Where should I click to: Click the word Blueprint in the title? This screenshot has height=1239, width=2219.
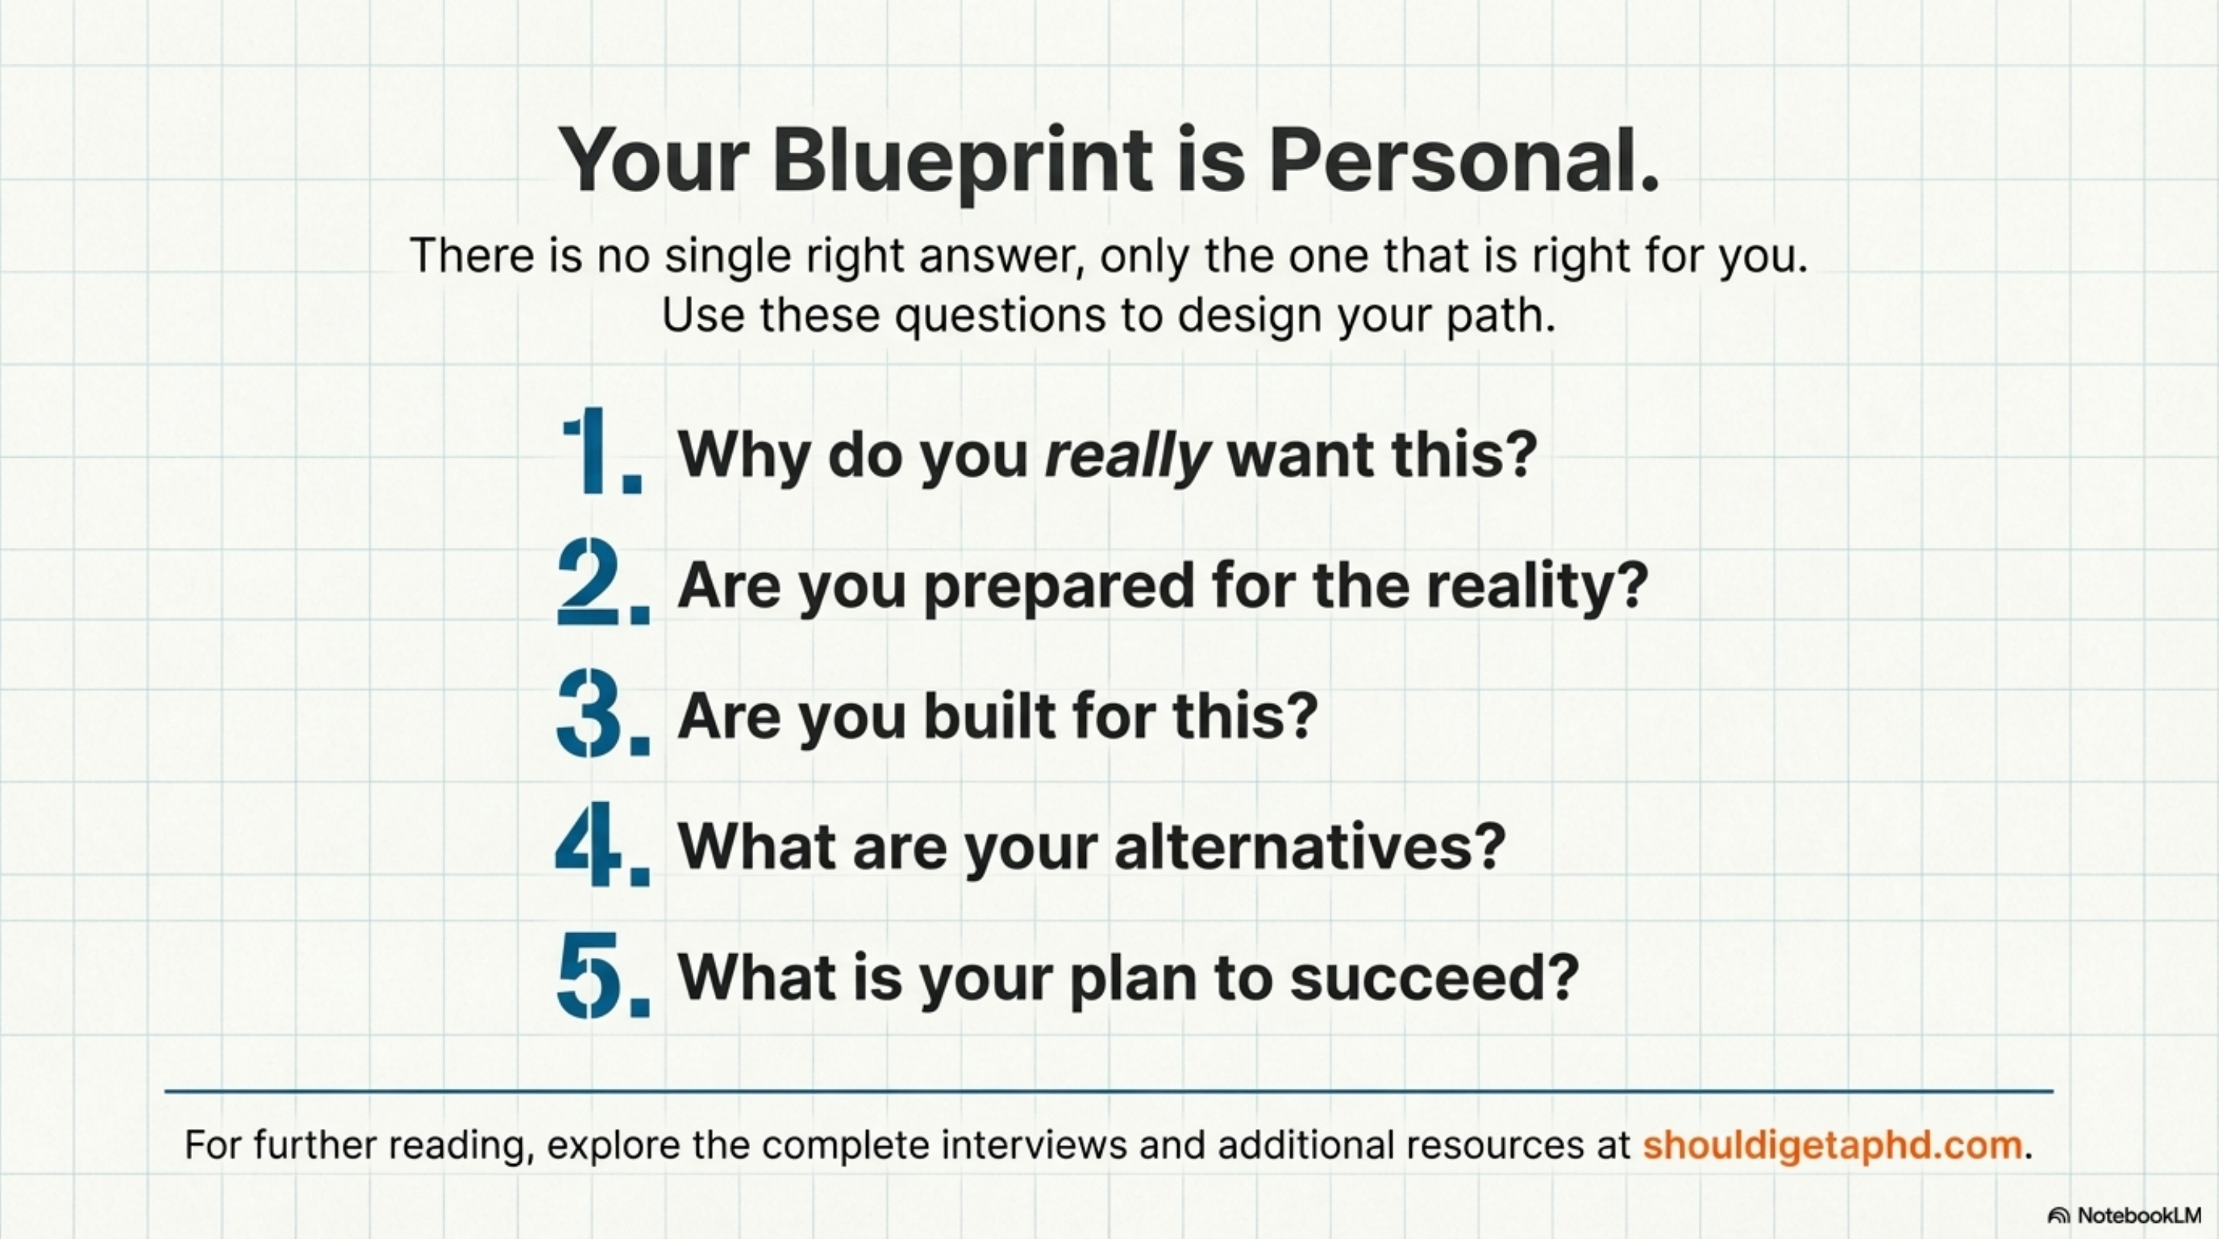click(x=962, y=161)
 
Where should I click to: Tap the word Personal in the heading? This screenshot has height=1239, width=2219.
click(x=1464, y=161)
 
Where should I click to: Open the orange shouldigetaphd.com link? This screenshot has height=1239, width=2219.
click(x=1832, y=1145)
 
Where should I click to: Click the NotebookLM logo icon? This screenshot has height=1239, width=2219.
click(x=2059, y=1216)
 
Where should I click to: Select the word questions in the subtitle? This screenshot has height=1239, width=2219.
click(x=1000, y=315)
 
